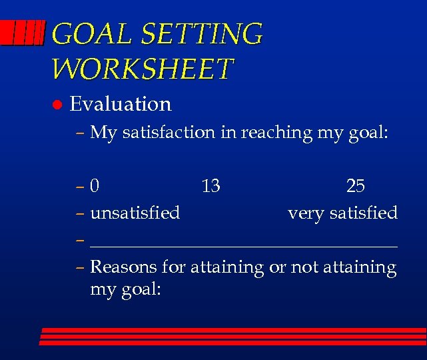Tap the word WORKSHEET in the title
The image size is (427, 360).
(x=143, y=68)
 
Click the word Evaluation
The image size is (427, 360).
(x=121, y=104)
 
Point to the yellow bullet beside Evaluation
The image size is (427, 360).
(x=57, y=105)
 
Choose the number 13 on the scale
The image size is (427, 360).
(x=211, y=186)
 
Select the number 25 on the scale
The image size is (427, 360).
(x=355, y=186)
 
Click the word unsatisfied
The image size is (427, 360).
(x=135, y=213)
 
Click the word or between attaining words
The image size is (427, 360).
(x=276, y=267)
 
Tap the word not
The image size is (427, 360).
(x=303, y=267)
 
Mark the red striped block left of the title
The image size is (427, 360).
(x=23, y=33)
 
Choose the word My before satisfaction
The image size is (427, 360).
(x=103, y=133)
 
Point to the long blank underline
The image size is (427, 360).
(x=244, y=245)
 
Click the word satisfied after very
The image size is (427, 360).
(x=364, y=213)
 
